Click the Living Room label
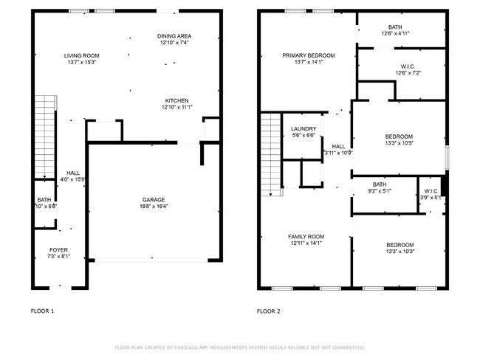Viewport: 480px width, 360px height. (81, 55)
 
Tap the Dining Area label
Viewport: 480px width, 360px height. (174, 36)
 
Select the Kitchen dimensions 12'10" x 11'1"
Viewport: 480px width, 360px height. (176, 108)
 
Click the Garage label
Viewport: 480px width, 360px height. (154, 199)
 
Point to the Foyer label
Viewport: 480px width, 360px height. (58, 250)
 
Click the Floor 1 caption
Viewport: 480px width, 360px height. (42, 311)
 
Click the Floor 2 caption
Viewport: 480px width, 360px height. (269, 311)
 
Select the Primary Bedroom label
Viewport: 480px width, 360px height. (309, 55)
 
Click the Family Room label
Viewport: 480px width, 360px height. (306, 236)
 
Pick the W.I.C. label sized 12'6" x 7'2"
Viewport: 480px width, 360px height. (402, 66)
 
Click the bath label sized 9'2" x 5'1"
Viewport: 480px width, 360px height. (380, 184)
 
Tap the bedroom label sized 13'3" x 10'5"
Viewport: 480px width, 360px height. (399, 136)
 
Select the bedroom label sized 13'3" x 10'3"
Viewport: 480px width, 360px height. (399, 245)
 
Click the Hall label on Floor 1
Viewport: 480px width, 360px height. (73, 173)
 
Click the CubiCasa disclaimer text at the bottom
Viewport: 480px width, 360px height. (239, 347)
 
